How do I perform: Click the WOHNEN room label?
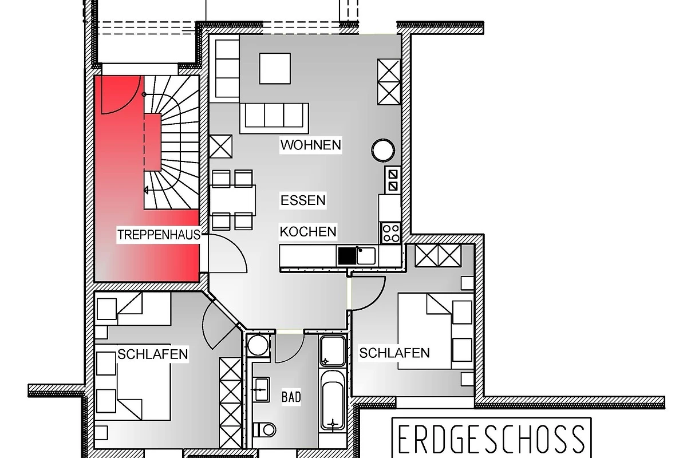tap(311, 145)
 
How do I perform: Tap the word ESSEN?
tap(303, 200)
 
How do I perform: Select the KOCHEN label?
tap(308, 232)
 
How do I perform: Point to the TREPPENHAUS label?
tap(159, 235)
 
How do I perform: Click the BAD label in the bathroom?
tap(291, 397)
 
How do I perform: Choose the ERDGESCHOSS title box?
tap(492, 437)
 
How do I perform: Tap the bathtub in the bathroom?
tap(333, 401)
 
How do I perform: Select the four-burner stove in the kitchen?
tap(391, 233)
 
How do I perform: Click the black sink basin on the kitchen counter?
tap(347, 256)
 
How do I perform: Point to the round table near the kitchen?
tap(383, 150)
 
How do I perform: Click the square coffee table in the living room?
tap(275, 68)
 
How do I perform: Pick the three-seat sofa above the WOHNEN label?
tap(274, 119)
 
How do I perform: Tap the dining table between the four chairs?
tap(233, 200)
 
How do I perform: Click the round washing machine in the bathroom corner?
tap(258, 346)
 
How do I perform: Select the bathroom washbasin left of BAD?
tap(260, 390)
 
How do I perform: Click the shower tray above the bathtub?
tap(333, 351)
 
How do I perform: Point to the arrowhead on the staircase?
tap(147, 190)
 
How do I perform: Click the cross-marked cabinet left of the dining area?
tap(221, 147)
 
